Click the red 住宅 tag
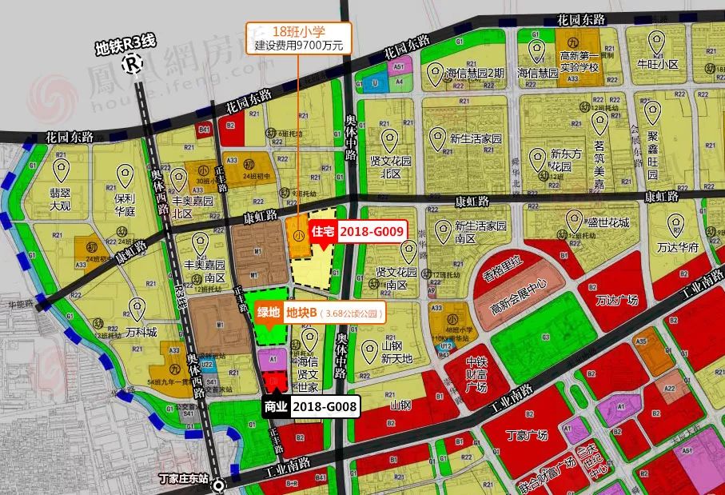pyautogui.click(x=322, y=230)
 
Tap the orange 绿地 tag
pyautogui.click(x=267, y=312)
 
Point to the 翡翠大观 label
pyautogui.click(x=60, y=198)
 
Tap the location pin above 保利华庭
pyautogui.click(x=125, y=174)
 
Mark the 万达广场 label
pyautogui.click(x=619, y=299)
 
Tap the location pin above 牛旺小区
pyautogui.click(x=657, y=42)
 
